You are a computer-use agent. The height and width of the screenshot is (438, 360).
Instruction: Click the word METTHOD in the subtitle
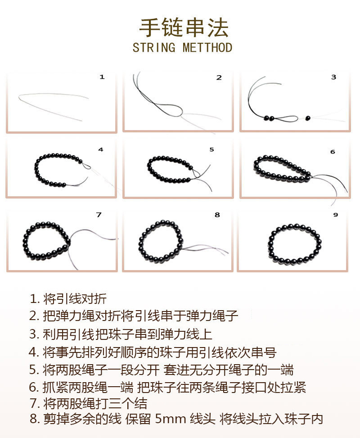pyautogui.click(x=207, y=47)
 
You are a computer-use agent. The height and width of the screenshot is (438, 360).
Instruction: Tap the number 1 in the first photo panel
pyautogui.click(x=102, y=77)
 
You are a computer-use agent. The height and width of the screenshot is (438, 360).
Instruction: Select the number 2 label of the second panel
pyautogui.click(x=219, y=77)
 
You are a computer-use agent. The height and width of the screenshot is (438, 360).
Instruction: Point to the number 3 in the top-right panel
pyautogui.click(x=333, y=77)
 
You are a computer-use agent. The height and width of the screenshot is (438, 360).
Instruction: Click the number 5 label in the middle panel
pyautogui.click(x=211, y=149)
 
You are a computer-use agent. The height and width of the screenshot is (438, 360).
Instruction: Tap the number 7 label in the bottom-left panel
pyautogui.click(x=99, y=215)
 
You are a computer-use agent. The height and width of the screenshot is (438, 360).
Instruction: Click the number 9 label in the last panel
pyautogui.click(x=335, y=215)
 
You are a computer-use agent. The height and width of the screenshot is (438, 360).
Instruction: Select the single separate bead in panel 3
pyautogui.click(x=308, y=118)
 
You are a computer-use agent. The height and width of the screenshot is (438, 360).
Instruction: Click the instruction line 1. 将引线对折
pyautogui.click(x=68, y=298)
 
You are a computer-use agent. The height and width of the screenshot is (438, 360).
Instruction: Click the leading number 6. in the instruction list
pyautogui.click(x=35, y=387)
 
